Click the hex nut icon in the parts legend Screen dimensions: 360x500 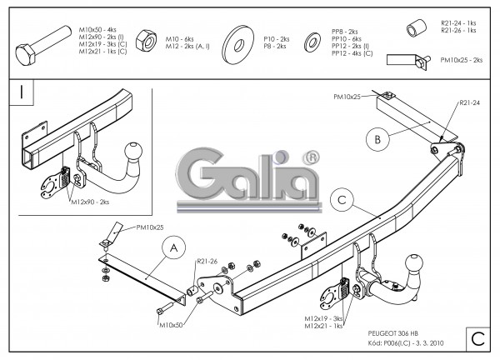coord(145,39)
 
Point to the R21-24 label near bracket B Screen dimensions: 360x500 coord(468,104)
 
